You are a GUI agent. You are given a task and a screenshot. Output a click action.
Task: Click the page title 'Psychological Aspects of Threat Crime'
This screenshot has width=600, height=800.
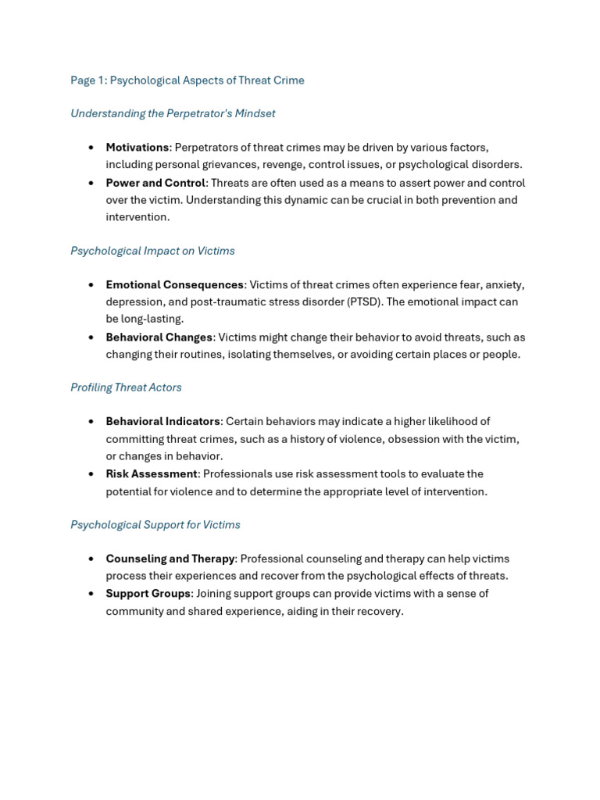click(x=207, y=80)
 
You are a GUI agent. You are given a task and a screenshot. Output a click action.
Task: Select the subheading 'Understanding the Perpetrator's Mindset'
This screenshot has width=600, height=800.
click(x=173, y=113)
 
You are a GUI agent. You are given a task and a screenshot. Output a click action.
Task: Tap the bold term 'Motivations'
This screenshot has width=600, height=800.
click(x=137, y=148)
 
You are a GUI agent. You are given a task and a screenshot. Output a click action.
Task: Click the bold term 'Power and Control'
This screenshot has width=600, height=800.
click(x=155, y=183)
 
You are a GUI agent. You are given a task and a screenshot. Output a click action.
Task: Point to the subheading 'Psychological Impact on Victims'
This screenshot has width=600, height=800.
click(x=152, y=251)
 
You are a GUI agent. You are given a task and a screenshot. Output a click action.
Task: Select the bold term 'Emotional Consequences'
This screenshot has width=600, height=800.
click(x=175, y=285)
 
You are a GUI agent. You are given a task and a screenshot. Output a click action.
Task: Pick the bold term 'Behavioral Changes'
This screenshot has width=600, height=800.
click(x=159, y=337)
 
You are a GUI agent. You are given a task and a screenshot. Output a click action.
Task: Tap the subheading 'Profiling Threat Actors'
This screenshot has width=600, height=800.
click(x=126, y=387)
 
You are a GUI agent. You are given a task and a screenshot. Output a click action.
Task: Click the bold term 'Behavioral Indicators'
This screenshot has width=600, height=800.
click(x=162, y=422)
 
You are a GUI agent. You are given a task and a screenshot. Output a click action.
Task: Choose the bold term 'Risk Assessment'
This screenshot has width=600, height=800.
click(x=152, y=474)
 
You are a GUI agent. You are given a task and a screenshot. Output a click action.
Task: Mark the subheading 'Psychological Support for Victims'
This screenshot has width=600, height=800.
click(x=155, y=525)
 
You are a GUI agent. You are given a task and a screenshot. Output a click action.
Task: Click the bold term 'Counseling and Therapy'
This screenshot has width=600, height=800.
click(x=170, y=559)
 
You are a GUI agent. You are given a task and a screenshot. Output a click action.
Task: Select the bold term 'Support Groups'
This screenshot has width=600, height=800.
click(x=148, y=594)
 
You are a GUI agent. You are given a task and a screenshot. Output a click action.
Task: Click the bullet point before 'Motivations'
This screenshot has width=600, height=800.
click(x=91, y=148)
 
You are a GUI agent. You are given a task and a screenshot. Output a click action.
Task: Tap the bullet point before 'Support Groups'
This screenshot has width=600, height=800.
click(x=91, y=594)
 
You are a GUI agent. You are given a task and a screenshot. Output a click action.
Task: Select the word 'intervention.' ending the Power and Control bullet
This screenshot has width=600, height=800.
click(x=137, y=217)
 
